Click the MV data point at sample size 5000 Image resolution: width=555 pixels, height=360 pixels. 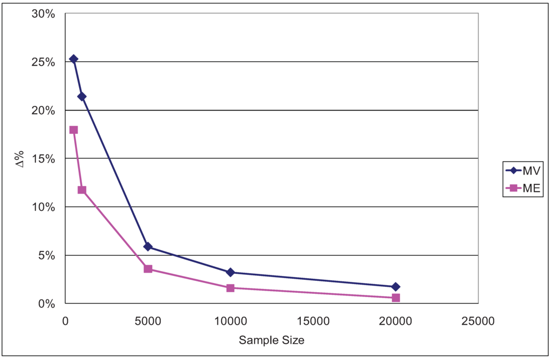[x=148, y=247]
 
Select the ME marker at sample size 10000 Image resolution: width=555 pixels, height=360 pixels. [x=230, y=288]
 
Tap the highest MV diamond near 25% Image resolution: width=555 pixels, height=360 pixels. [x=74, y=59]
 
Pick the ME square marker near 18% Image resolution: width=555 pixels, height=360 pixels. [x=74, y=130]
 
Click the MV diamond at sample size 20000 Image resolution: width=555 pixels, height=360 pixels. [x=396, y=287]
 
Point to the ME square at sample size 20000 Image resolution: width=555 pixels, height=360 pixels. [x=396, y=298]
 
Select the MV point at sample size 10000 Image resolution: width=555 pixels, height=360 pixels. [x=230, y=272]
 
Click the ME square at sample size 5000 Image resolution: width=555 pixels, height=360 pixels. [x=148, y=269]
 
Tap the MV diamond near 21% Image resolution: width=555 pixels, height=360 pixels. [x=82, y=97]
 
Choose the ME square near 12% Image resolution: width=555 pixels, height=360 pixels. [x=82, y=190]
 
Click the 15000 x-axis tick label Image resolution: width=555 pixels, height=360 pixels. [x=313, y=321]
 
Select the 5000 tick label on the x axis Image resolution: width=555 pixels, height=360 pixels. [x=148, y=321]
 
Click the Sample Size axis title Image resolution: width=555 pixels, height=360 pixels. [x=272, y=340]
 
